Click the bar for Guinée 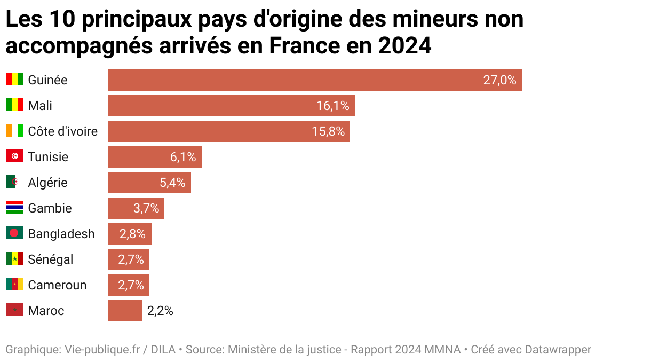click(x=314, y=80)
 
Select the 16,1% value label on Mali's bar click(x=332, y=106)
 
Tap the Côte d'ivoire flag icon click(x=15, y=131)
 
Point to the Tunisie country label click(x=48, y=157)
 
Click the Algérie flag click(x=15, y=182)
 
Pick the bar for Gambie click(x=136, y=208)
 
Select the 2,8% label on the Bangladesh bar click(x=132, y=234)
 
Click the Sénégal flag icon click(x=15, y=259)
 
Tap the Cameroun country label click(x=57, y=285)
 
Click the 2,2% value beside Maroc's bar click(x=160, y=311)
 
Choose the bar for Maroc click(x=124, y=311)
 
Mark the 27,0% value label click(x=499, y=80)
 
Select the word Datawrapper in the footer click(x=558, y=350)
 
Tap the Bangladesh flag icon click(x=15, y=233)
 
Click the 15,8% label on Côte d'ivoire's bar click(x=328, y=131)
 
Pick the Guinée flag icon click(x=15, y=80)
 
